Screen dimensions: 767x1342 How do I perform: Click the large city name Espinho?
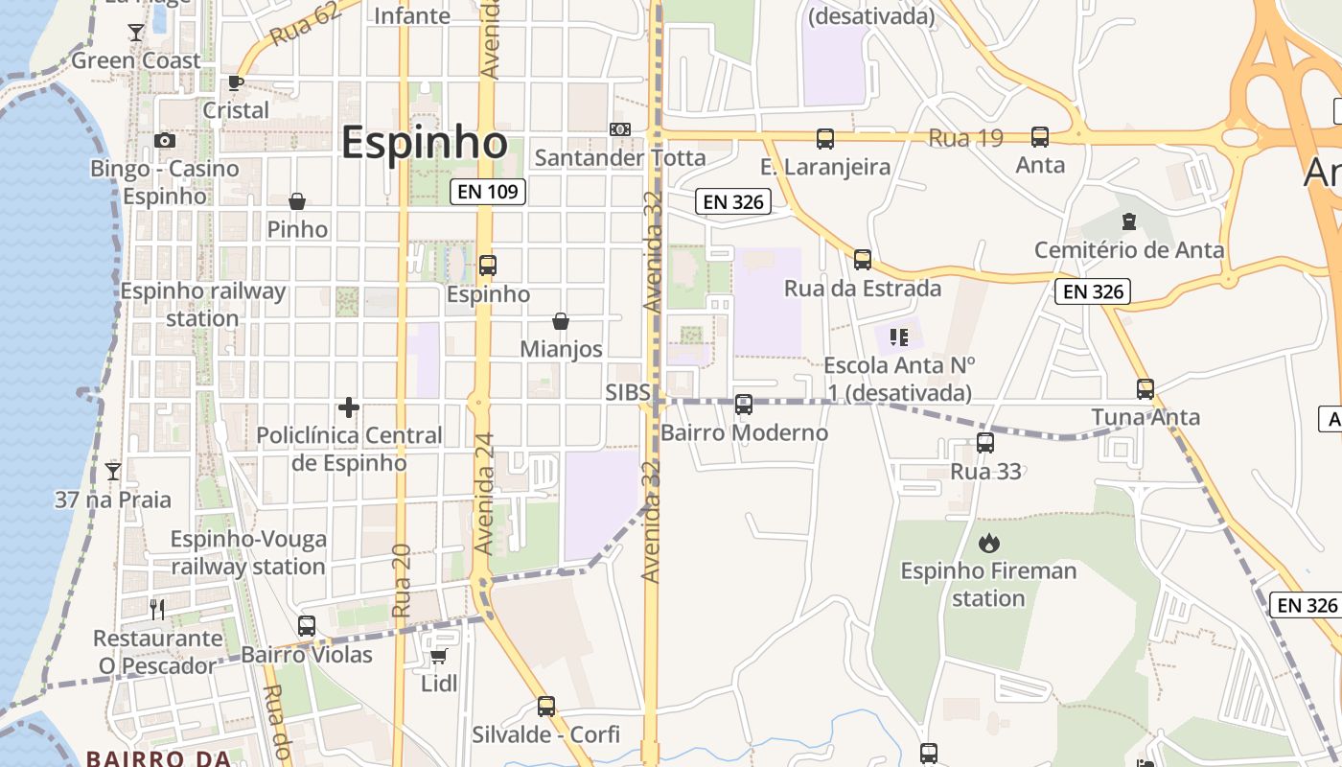(x=424, y=144)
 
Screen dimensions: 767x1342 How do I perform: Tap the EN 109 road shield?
(x=488, y=192)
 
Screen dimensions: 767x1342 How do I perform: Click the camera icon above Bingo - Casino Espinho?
(x=165, y=140)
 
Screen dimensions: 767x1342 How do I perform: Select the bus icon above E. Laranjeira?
(x=825, y=138)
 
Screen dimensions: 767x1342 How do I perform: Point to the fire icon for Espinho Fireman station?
(x=988, y=544)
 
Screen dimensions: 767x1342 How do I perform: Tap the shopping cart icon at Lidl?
(x=439, y=656)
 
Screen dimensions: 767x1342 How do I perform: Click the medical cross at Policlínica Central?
(x=349, y=407)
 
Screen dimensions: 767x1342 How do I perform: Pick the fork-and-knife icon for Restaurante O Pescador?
(x=157, y=609)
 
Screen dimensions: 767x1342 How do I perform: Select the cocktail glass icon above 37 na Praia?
(x=113, y=471)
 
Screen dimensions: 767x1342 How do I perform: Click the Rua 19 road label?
(x=965, y=138)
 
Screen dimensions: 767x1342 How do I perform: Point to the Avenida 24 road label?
(x=485, y=494)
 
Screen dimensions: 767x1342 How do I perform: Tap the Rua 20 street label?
(x=402, y=580)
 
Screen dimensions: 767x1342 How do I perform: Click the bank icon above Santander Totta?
(x=620, y=128)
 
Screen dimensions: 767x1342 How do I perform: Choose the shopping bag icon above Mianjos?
(x=561, y=321)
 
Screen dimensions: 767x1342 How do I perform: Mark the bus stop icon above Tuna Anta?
(x=1145, y=388)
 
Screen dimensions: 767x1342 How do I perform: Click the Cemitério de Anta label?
(x=1129, y=250)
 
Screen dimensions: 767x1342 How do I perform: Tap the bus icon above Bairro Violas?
(x=307, y=626)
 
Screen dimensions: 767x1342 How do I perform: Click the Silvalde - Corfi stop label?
(x=545, y=735)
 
